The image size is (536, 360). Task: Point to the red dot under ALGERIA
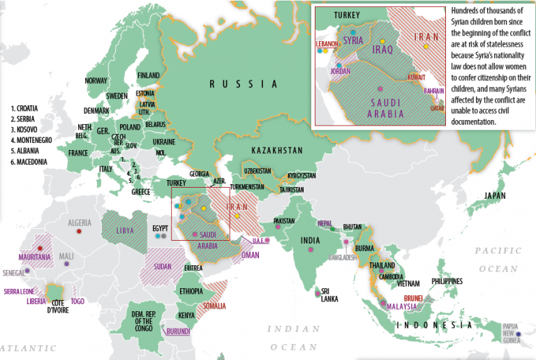pos(80,230)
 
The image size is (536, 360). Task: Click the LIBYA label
pos(126,230)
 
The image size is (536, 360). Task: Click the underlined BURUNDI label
pos(177,331)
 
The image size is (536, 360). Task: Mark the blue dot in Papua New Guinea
pos(518,333)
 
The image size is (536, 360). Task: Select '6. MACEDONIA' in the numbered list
pos(29,162)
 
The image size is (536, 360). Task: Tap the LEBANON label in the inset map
pos(327,43)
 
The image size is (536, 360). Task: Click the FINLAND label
pos(148,75)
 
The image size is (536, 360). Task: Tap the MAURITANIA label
pos(35,257)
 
